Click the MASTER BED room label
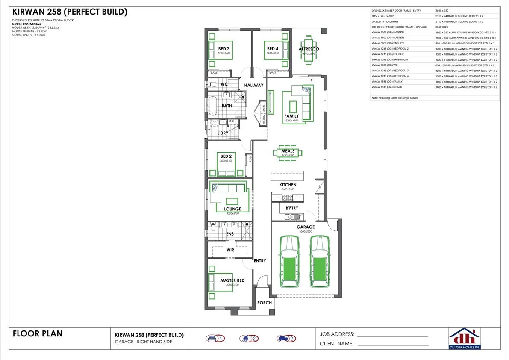232,280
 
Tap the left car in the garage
289,262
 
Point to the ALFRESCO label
309,49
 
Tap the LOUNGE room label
232,209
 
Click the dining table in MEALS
288,153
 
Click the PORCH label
265,303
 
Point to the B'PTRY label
291,208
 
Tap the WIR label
230,250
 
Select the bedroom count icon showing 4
215,339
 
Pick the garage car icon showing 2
286,339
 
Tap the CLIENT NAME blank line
393,345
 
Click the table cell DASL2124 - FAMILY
402,15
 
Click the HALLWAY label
254,85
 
